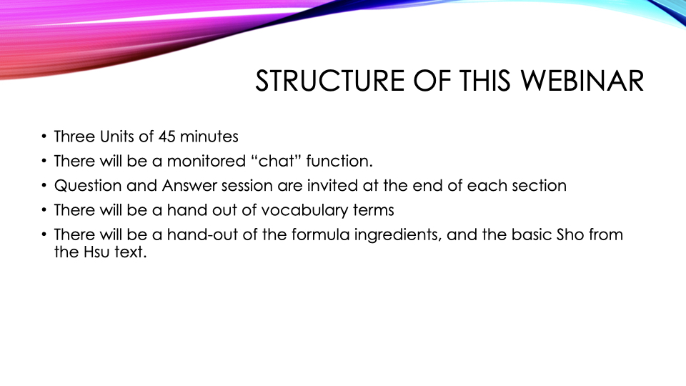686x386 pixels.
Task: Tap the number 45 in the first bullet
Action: coord(166,137)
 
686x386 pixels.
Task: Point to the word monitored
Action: coord(207,161)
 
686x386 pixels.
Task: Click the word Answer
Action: coord(189,186)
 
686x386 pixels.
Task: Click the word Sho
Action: coord(570,234)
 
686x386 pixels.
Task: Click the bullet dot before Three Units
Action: coord(44,137)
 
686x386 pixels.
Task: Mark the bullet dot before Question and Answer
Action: coord(44,186)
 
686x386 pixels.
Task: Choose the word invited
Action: coord(332,186)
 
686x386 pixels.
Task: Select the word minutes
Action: coord(209,137)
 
